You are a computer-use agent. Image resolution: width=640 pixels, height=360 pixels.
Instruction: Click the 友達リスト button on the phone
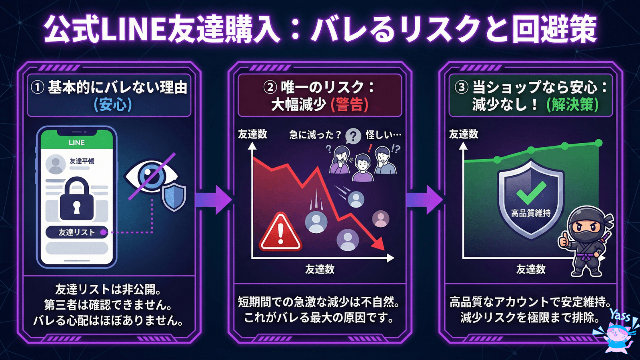pos(76,232)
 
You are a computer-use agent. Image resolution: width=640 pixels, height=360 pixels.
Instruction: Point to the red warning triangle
pos(280,233)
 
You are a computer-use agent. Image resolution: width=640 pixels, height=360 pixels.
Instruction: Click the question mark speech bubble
pos(353,136)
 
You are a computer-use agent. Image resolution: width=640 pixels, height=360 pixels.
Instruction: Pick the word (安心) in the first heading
pos(112,105)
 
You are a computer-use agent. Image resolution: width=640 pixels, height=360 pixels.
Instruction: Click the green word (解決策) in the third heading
pos(572,105)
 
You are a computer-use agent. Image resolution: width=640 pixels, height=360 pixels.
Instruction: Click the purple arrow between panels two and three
pos(424,199)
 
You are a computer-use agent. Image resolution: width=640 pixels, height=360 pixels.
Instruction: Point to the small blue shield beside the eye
pos(174,197)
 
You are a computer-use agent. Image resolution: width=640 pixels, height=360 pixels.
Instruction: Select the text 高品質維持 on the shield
pos(531,213)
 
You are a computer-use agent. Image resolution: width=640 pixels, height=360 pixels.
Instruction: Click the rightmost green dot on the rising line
pos(598,143)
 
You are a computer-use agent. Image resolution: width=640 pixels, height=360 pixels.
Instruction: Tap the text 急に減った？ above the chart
pos(315,135)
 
